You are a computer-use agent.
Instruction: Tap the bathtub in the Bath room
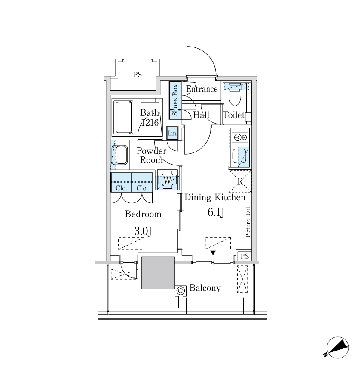click(x=123, y=118)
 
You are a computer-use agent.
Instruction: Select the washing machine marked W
click(x=167, y=180)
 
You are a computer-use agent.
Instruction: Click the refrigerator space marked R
click(x=240, y=181)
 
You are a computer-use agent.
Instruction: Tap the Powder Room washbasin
click(x=120, y=155)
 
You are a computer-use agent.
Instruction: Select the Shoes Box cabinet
click(x=175, y=100)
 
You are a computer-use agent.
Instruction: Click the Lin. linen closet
click(x=173, y=133)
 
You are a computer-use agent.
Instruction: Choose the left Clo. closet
click(x=121, y=182)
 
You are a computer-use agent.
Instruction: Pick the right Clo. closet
click(x=142, y=182)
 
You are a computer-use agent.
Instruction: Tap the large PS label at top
click(x=138, y=75)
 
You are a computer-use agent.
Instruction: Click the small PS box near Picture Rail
click(x=245, y=256)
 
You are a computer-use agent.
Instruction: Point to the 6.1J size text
click(x=216, y=212)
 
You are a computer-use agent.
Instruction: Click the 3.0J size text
click(x=143, y=231)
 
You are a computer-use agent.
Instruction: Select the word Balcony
click(x=205, y=288)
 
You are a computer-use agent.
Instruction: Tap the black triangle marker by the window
click(x=213, y=253)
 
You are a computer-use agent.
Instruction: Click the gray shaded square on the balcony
click(x=158, y=273)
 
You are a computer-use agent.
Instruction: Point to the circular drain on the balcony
click(x=180, y=291)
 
